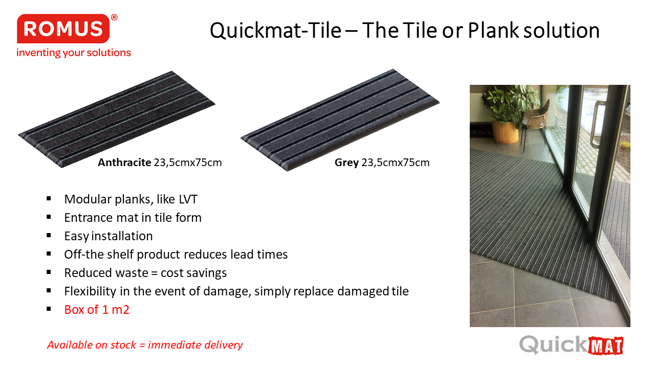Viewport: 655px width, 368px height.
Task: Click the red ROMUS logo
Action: (x=63, y=29)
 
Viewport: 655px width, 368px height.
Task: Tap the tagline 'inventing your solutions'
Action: (x=74, y=53)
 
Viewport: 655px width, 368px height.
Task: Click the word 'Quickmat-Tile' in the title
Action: (x=275, y=31)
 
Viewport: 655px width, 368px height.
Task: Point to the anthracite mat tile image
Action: (x=117, y=119)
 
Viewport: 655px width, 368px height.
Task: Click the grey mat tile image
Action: (x=340, y=120)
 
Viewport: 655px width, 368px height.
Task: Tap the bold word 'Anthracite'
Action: (x=124, y=163)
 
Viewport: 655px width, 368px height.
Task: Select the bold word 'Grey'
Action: (x=346, y=163)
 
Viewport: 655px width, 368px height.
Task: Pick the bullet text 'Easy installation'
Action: (x=108, y=236)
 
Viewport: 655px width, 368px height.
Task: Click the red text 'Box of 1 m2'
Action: (x=97, y=310)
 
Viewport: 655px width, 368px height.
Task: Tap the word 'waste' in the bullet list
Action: (x=134, y=273)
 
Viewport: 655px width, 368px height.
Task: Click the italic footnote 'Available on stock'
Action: (x=92, y=345)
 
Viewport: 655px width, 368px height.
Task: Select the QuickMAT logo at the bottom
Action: (x=572, y=345)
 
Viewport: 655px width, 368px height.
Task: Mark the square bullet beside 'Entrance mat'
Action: (x=49, y=217)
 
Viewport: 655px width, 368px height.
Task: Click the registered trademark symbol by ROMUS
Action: (x=114, y=17)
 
